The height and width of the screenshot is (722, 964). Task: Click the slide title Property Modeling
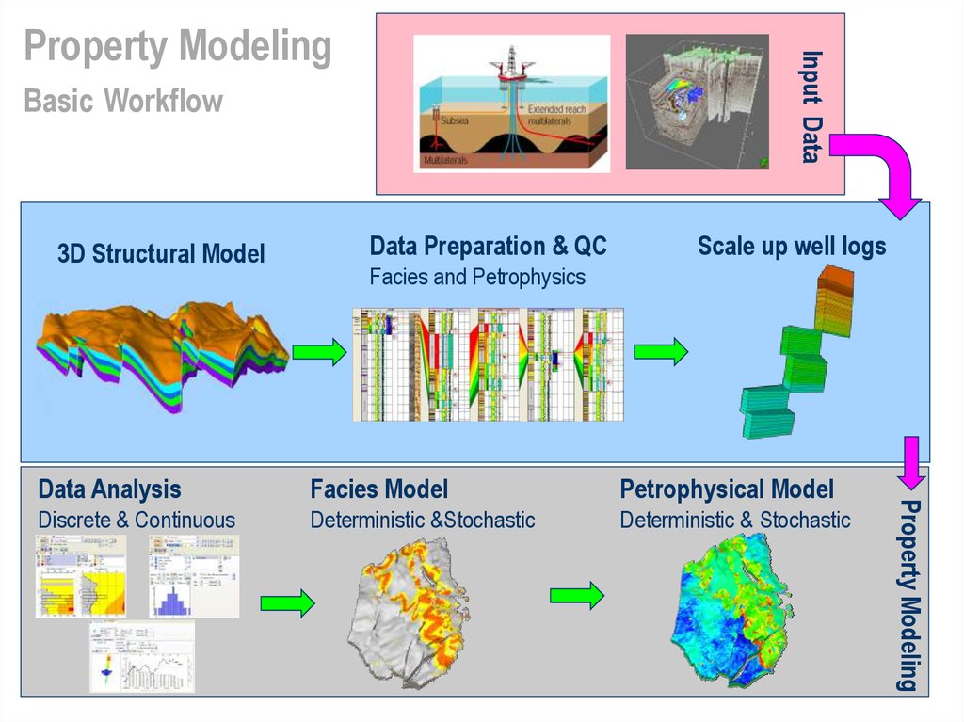[177, 47]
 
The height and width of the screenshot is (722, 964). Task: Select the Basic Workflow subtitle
[123, 100]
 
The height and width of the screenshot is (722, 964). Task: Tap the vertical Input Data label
[810, 106]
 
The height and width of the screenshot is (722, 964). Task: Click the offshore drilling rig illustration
[511, 104]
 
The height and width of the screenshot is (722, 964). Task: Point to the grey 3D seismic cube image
[697, 102]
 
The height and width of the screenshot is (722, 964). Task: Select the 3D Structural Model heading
[161, 253]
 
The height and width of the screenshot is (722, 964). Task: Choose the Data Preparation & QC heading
[488, 247]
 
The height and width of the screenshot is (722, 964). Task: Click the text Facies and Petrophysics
[476, 277]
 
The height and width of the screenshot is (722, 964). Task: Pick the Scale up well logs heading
[792, 247]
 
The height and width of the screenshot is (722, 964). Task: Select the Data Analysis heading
[109, 489]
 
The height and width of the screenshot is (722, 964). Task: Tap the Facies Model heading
[378, 489]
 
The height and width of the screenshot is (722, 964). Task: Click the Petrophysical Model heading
[726, 489]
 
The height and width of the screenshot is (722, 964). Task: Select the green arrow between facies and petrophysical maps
[576, 595]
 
